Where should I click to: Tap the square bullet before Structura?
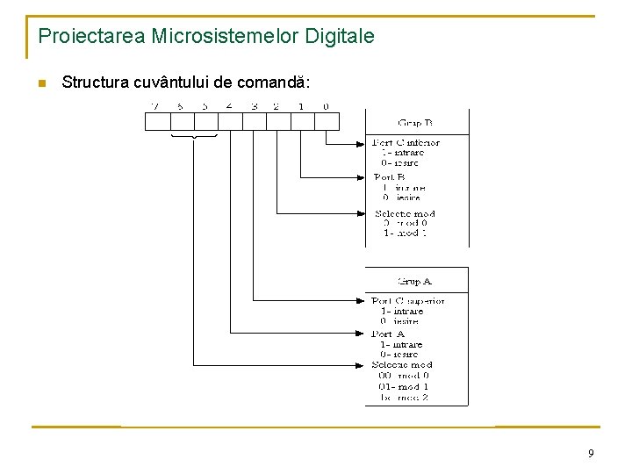39,83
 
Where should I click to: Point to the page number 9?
591,454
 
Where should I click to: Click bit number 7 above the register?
156,107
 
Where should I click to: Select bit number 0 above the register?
327,107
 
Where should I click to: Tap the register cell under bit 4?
229,122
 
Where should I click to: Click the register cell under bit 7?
156,122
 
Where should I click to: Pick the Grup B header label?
416,124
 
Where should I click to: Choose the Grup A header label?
415,282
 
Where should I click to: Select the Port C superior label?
408,301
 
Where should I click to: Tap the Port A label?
388,334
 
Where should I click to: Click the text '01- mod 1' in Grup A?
405,386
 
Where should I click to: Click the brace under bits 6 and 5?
193,137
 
